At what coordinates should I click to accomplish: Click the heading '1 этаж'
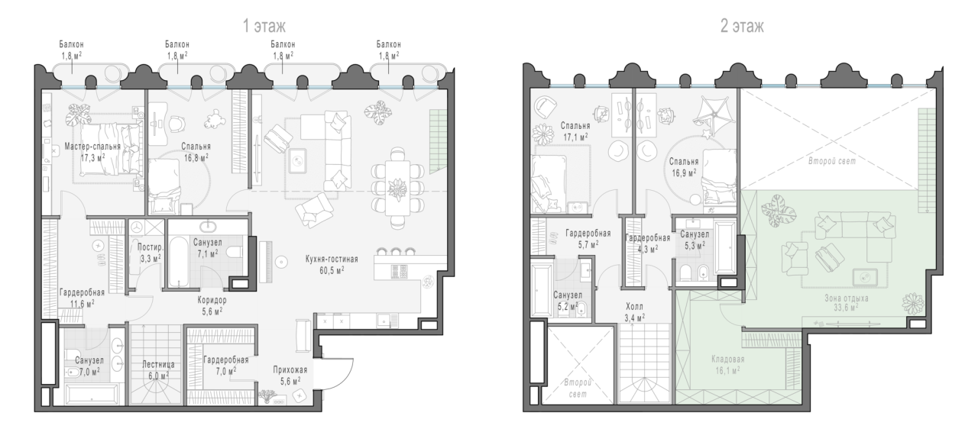pos(264,26)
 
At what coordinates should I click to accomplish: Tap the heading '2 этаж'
pos(742,26)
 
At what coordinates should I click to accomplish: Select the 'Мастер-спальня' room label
pos(92,147)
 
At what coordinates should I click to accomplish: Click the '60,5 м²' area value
pos(332,270)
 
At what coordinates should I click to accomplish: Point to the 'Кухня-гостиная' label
pos(332,260)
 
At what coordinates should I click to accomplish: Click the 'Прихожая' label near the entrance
pos(290,370)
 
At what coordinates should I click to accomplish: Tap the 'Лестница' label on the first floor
pos(158,364)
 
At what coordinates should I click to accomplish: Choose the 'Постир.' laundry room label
pos(151,247)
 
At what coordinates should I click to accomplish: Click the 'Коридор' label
pos(212,300)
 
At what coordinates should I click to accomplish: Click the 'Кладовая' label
pos(728,360)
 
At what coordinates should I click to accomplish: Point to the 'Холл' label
pos(634,307)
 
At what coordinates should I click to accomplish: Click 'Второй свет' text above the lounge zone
pos(832,161)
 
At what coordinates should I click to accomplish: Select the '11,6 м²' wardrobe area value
pos(82,304)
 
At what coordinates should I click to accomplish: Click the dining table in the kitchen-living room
pos(397,188)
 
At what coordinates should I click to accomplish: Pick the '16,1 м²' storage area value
pos(727,370)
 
